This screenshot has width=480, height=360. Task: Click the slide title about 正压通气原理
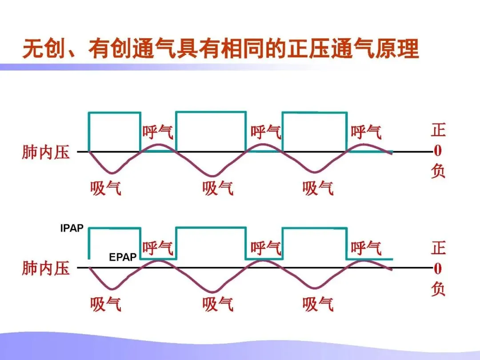(220, 49)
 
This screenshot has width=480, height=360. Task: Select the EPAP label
(123, 257)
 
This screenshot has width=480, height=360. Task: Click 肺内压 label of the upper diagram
(46, 152)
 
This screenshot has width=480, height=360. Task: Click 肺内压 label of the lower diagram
(46, 268)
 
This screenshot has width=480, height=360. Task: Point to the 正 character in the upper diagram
(438, 130)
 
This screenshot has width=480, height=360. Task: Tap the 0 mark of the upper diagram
(438, 152)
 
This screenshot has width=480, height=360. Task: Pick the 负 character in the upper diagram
(438, 172)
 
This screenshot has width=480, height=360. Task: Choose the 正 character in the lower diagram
(438, 248)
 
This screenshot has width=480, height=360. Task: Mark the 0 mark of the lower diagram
(438, 268)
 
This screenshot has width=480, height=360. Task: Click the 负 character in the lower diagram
(438, 289)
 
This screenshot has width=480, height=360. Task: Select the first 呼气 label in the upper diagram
(158, 132)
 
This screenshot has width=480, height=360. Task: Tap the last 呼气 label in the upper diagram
(366, 132)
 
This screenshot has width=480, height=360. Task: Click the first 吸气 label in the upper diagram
(106, 188)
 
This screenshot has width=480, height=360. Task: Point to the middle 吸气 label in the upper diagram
(218, 188)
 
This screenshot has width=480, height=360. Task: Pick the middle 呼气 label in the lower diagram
(266, 248)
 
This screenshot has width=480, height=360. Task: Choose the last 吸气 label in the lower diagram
(318, 305)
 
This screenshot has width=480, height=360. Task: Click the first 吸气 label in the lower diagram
(106, 305)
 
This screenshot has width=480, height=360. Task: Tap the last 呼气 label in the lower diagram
(366, 248)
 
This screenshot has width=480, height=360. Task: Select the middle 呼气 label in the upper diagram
(266, 132)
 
